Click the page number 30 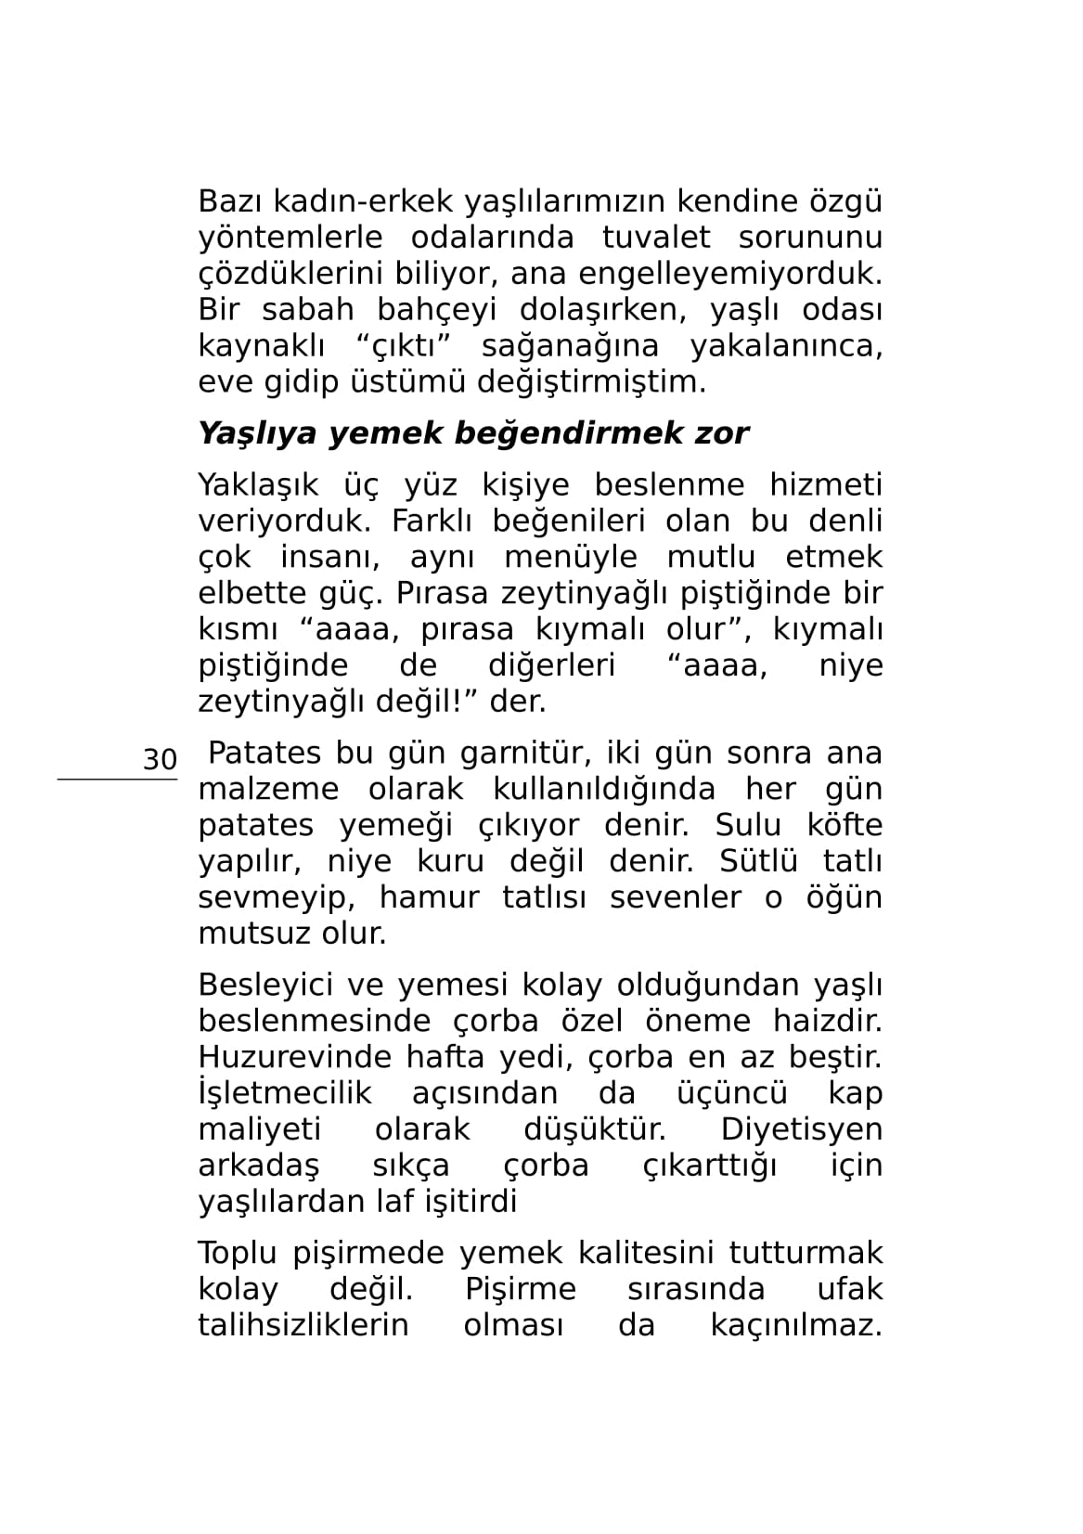[x=160, y=759]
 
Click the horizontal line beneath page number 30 [x=117, y=780]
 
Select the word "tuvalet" [x=656, y=237]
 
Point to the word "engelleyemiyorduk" [x=730, y=273]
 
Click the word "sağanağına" [x=570, y=345]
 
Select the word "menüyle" [x=571, y=557]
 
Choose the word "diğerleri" [x=551, y=665]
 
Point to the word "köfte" [x=844, y=825]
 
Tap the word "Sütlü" [x=758, y=861]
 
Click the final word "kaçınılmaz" [x=795, y=1325]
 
